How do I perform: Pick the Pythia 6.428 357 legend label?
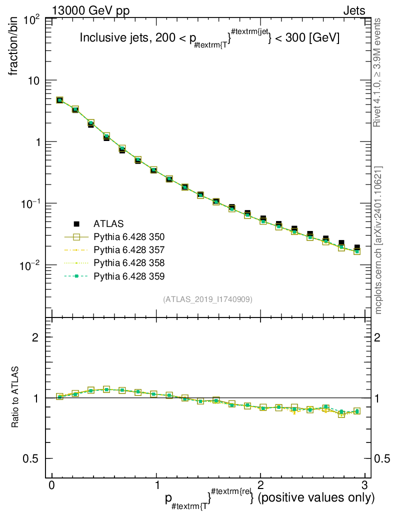pos(129,250)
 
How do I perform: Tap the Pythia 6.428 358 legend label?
pos(129,263)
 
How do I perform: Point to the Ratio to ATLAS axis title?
pos(14,397)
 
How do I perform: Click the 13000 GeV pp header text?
pos(90,11)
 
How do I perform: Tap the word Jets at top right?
pos(354,11)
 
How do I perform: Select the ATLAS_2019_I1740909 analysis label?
pos(207,299)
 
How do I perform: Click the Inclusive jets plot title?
pos(209,37)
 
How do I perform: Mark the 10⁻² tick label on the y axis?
pos(30,266)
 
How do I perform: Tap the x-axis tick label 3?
pos(364,485)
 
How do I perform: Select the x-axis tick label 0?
pos(51,485)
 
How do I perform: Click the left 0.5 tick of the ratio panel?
pos(31,459)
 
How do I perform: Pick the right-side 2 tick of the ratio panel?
pos(377,337)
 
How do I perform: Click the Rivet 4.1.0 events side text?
pos(377,72)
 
